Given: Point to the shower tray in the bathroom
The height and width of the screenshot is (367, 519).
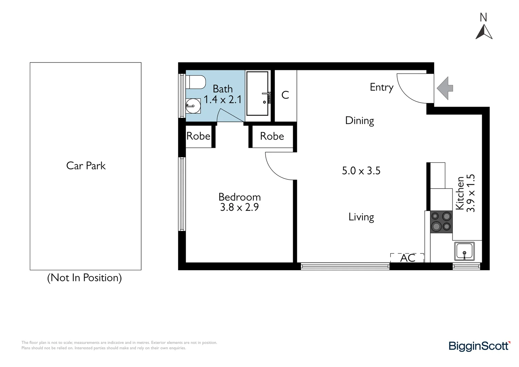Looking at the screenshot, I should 257,93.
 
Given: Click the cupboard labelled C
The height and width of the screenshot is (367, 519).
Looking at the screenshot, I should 285,95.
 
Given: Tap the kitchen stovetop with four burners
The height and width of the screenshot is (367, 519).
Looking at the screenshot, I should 441,221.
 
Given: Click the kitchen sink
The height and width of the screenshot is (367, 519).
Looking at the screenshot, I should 464,251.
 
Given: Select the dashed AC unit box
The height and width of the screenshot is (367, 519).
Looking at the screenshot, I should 407,258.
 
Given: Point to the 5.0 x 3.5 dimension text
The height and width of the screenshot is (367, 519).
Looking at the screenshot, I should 361,171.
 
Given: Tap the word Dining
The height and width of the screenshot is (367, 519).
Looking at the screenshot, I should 359,121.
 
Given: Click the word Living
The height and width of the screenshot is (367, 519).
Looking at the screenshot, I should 361,217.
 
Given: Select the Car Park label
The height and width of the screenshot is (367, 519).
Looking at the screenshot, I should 86,166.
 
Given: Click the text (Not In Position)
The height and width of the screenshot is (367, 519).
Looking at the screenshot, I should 84,278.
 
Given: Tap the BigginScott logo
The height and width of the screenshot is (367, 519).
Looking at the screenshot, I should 479,346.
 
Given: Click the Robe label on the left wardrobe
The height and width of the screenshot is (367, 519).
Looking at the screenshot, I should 198,136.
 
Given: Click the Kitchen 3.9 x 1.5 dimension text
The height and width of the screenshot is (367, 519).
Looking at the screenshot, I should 465,193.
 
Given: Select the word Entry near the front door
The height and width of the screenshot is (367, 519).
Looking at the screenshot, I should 381,87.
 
